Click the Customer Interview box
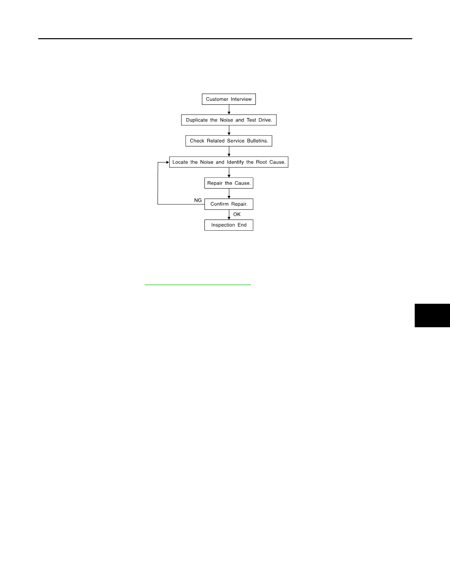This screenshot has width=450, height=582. point(229,99)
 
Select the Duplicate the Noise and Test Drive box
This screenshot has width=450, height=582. point(229,120)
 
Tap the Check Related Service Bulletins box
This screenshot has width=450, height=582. point(229,141)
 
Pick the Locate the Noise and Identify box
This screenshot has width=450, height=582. point(229,162)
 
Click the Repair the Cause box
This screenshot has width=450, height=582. point(229,183)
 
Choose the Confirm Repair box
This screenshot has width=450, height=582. point(229,204)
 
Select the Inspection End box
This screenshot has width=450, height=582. point(229,225)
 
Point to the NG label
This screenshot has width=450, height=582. point(198,200)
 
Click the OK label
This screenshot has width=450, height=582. point(237,214)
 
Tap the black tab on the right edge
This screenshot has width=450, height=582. point(432,315)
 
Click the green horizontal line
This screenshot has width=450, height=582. point(198,285)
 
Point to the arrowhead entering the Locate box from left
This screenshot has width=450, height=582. point(168,162)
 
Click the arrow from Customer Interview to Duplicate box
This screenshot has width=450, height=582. point(229,110)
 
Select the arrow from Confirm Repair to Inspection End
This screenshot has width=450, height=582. point(229,215)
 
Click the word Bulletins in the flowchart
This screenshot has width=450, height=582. point(258,141)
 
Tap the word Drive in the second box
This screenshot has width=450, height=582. point(265,120)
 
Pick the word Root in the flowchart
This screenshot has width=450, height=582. point(261,162)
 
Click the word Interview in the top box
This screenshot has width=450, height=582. point(241,99)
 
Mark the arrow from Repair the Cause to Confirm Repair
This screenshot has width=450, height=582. point(229,194)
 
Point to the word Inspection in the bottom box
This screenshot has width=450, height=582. point(223,225)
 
